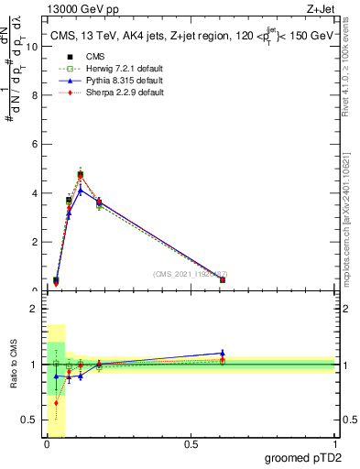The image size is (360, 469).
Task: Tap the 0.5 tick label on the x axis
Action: [190, 444]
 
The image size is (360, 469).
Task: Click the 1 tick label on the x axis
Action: [333, 444]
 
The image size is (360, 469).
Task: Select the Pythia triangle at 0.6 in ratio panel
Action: [222, 353]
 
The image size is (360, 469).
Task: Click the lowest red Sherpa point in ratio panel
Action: [56, 402]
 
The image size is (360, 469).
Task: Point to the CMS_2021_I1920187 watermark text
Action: [190, 274]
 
